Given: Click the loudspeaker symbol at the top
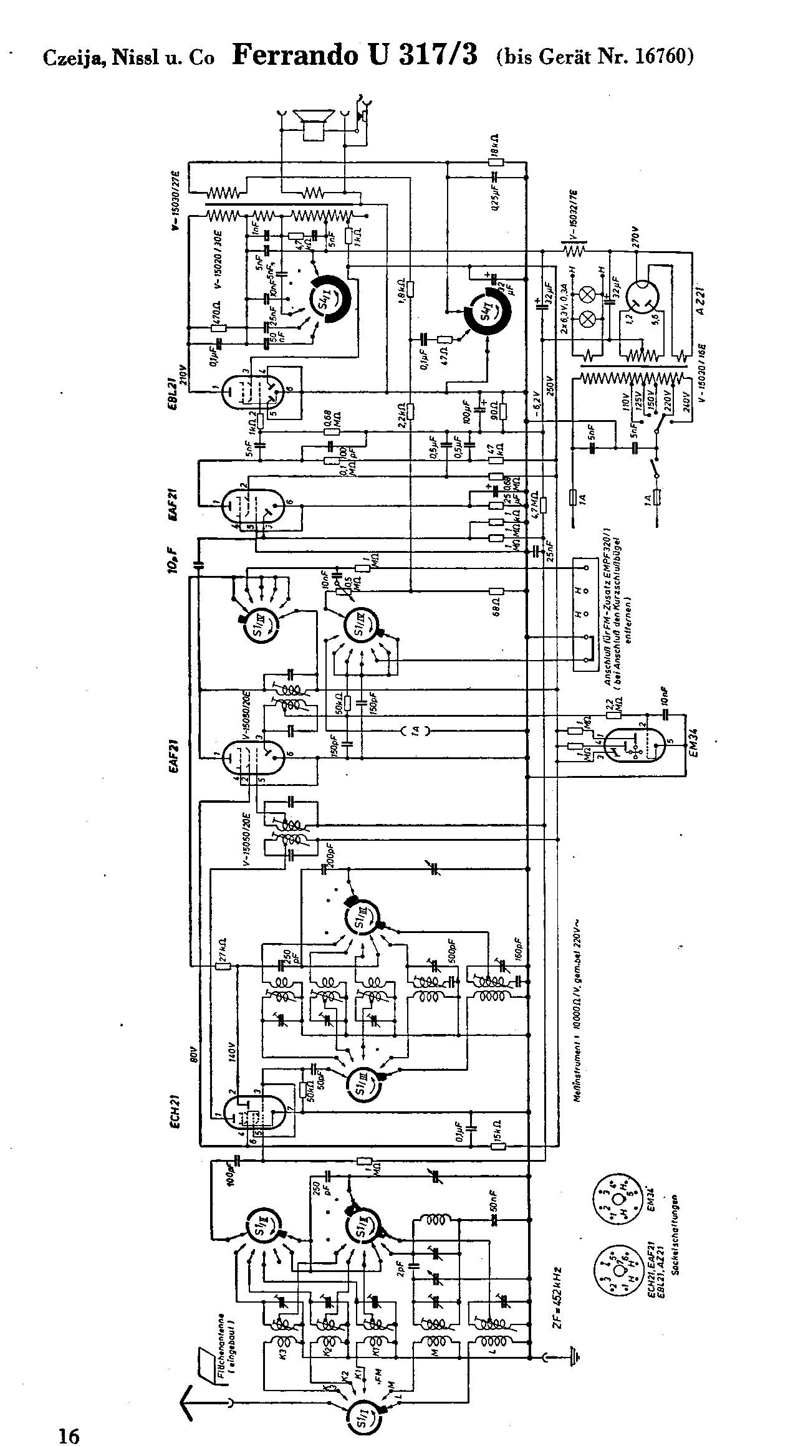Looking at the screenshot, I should pos(311,123).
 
